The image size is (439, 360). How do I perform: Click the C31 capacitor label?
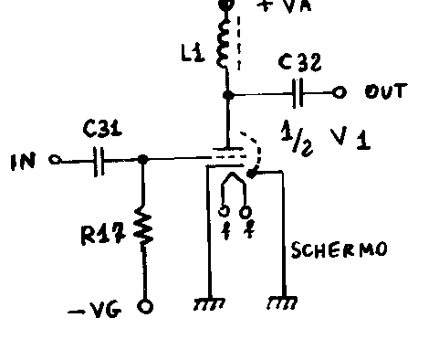coord(102,129)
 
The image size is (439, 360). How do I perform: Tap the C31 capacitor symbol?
coord(99,162)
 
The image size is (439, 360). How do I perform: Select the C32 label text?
coord(299,62)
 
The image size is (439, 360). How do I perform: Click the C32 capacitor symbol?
coord(298,93)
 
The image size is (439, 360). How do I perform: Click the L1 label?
coord(193,54)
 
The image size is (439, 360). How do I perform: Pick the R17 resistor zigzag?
coord(143,226)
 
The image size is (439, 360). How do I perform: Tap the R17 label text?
coord(103,234)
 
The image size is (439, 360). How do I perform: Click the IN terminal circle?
coord(55,160)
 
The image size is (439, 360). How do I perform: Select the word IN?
coord(23,162)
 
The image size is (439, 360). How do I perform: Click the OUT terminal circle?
coord(339,92)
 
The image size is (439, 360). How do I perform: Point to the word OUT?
coord(386,91)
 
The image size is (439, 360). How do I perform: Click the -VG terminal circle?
coord(145,306)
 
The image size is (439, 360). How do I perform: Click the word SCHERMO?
coord(339,249)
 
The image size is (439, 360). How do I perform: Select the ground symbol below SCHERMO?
coord(282,302)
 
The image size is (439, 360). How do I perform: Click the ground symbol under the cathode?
coord(209,304)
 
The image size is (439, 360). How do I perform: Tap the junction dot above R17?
coord(142,159)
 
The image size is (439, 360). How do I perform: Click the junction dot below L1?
coord(228,95)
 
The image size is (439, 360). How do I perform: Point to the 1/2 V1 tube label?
coord(326,139)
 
